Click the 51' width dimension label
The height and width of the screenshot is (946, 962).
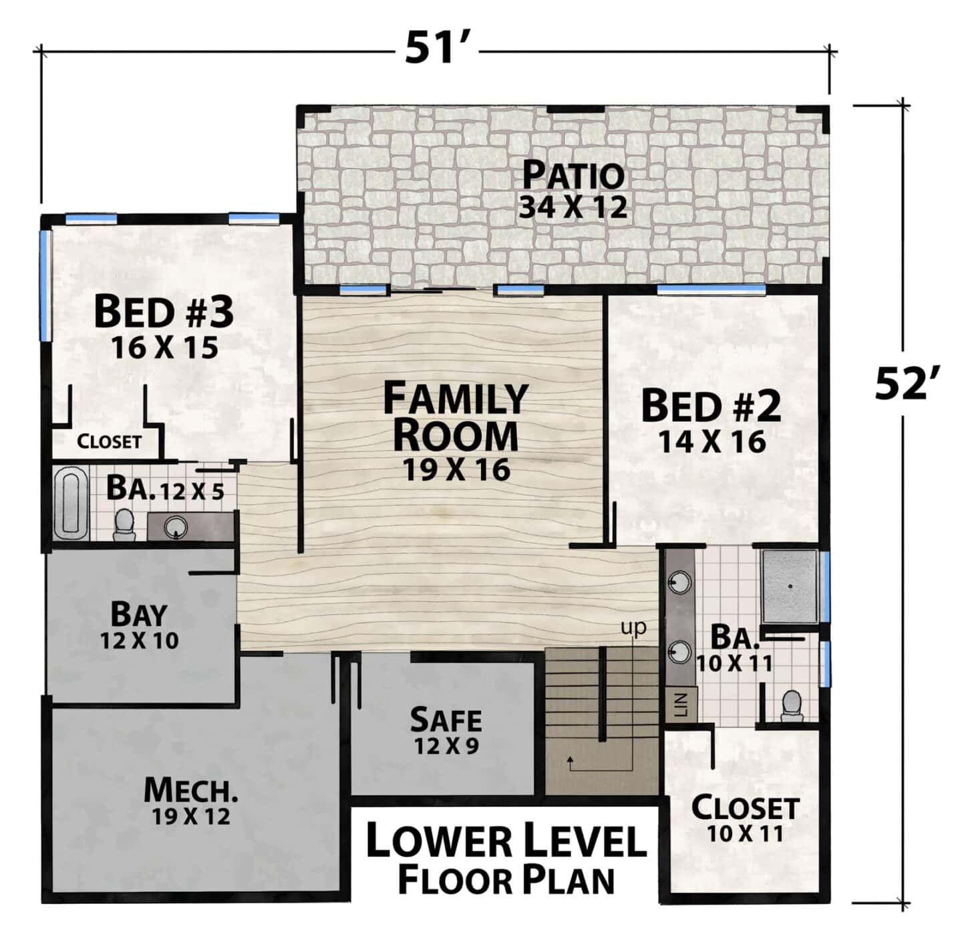436,49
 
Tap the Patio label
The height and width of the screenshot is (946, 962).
573,175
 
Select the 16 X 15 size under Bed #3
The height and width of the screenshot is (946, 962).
164,348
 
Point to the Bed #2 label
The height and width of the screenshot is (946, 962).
711,406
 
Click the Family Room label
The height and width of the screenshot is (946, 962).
456,416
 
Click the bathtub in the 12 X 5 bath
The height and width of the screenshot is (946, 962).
70,502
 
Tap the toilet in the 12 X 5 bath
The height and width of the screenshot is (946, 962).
124,525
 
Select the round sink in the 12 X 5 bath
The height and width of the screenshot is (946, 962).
176,525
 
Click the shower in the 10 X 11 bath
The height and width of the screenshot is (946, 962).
789,586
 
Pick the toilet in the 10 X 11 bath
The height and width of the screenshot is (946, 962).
792,705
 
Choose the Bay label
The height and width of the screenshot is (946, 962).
139,614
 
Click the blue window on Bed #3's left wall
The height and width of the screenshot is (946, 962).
45,285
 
